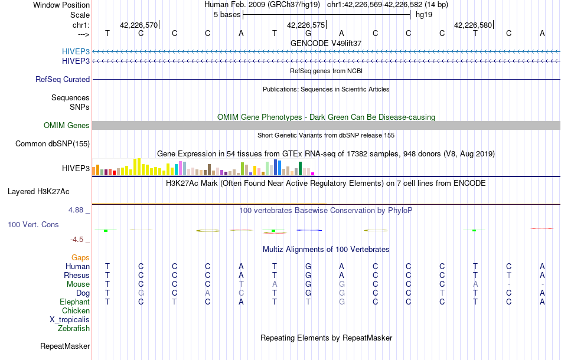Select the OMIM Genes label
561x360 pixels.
click(x=67, y=125)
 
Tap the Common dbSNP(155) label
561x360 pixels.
click(x=53, y=143)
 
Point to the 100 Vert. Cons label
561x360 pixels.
click(x=33, y=225)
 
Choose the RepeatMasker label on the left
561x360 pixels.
click(x=65, y=346)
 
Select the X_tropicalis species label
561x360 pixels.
click(x=70, y=319)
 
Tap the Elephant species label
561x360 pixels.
click(x=74, y=302)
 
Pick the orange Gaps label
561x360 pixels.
click(x=80, y=257)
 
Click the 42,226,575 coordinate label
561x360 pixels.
click(x=305, y=25)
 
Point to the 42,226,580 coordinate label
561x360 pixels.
click(x=472, y=25)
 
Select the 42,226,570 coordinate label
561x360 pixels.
click(x=139, y=25)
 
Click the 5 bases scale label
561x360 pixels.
click(x=226, y=14)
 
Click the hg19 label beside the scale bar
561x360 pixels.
click(x=424, y=14)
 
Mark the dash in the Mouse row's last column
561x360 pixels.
click(x=542, y=284)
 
